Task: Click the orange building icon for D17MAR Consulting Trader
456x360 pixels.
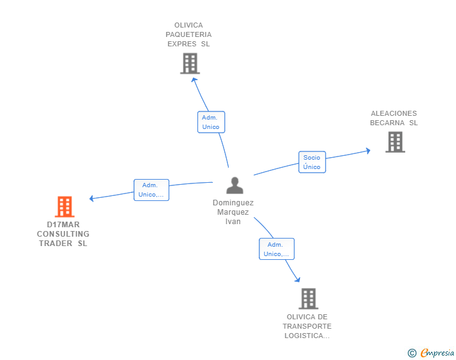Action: [65, 207]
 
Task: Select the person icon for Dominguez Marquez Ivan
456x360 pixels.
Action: [235, 185]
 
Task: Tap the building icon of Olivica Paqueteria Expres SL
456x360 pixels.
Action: [190, 63]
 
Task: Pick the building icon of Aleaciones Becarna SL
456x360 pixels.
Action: [395, 142]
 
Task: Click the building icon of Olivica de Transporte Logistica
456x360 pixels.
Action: [309, 299]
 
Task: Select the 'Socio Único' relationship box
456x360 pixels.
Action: [312, 162]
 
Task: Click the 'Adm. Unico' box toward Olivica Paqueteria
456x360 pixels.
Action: [211, 122]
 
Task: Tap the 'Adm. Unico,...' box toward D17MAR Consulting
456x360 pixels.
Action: [151, 190]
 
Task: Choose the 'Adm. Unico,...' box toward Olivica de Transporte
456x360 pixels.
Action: [277, 249]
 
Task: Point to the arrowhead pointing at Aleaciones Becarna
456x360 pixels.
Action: [368, 151]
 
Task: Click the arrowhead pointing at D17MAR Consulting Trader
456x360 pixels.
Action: [91, 198]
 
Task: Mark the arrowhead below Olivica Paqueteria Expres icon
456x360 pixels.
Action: [194, 80]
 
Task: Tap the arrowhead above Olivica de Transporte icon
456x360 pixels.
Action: [297, 280]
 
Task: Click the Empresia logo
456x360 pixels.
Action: [437, 352]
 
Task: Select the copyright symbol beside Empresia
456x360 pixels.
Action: [412, 353]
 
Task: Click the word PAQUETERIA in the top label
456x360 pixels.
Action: [189, 34]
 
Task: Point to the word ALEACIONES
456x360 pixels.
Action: [394, 113]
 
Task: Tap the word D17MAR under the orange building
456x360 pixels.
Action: [63, 225]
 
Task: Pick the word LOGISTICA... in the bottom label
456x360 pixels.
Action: [307, 336]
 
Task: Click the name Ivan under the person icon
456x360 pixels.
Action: [233, 222]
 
